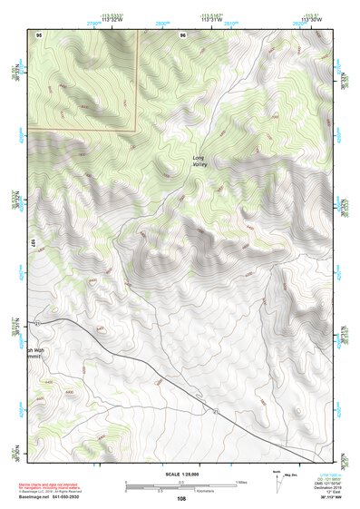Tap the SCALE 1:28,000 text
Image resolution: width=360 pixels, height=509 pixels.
180,475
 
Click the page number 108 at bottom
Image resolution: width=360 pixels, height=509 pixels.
181,499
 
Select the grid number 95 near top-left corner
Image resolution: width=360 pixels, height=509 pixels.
39,34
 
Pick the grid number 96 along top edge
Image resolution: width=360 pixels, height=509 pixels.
182,34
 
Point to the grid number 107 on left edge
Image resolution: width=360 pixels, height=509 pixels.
32,243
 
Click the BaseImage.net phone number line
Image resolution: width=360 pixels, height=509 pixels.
51,499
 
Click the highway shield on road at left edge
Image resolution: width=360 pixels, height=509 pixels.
37,323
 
